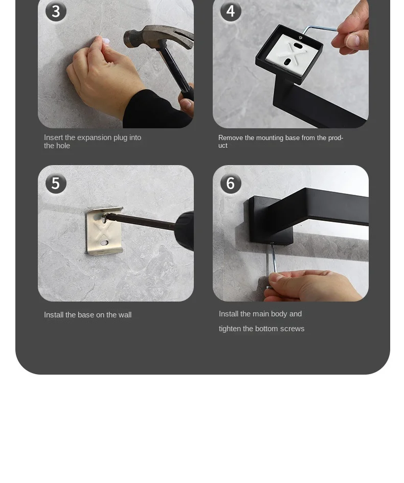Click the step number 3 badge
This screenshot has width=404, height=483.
56,11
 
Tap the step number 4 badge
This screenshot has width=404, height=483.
231,11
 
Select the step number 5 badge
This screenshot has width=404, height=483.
56,183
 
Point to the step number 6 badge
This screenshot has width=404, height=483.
231,183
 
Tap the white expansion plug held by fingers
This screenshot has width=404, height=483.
106,41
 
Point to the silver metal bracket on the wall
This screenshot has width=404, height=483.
104,231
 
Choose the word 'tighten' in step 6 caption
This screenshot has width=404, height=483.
230,329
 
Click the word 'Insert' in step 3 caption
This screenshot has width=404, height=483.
53,137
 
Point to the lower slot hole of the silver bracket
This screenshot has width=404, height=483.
104,243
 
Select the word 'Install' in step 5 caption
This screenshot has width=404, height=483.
54,315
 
